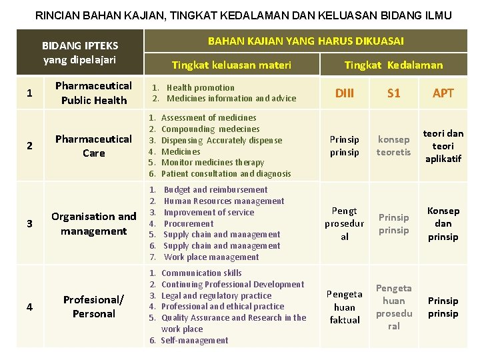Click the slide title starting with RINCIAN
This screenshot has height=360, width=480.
pyautogui.click(x=243, y=15)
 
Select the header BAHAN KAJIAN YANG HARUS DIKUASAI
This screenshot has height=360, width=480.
pyautogui.click(x=306, y=41)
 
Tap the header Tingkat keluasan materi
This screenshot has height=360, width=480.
pyautogui.click(x=231, y=65)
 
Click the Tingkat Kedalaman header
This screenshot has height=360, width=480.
pyautogui.click(x=393, y=65)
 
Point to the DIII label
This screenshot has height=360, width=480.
pyautogui.click(x=344, y=93)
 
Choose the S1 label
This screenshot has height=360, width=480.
pyautogui.click(x=394, y=93)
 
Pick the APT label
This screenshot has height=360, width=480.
pyautogui.click(x=443, y=93)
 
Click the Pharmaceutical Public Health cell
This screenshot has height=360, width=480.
pyautogui.click(x=94, y=93)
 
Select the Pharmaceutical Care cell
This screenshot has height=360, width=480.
pyautogui.click(x=94, y=146)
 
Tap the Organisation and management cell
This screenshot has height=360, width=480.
pyautogui.click(x=94, y=223)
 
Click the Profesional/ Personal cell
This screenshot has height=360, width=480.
pyautogui.click(x=94, y=307)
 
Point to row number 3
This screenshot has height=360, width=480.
pyautogui.click(x=29, y=223)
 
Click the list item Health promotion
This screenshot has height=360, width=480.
pyautogui.click(x=200, y=87)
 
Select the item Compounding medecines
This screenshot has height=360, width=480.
pyautogui.click(x=211, y=129)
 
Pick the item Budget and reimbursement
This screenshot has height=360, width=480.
pyautogui.click(x=215, y=190)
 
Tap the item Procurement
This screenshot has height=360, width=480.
pyautogui.click(x=189, y=223)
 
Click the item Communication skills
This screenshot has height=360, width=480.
pyautogui.click(x=201, y=273)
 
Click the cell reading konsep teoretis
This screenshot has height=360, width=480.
pyautogui.click(x=393, y=146)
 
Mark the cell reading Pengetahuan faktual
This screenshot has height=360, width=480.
pyautogui.click(x=345, y=307)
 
